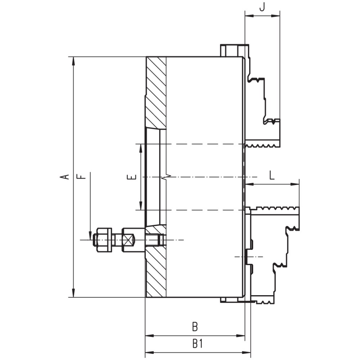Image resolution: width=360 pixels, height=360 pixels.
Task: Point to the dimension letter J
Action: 262,7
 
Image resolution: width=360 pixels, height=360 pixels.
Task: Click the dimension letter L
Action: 272,175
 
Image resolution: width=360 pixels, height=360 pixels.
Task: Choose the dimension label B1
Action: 198,344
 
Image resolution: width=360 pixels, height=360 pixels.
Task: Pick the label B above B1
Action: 195,327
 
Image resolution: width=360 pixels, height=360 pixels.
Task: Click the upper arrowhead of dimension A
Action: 73,61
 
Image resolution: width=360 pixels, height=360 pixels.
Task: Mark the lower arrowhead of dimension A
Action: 73,292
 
